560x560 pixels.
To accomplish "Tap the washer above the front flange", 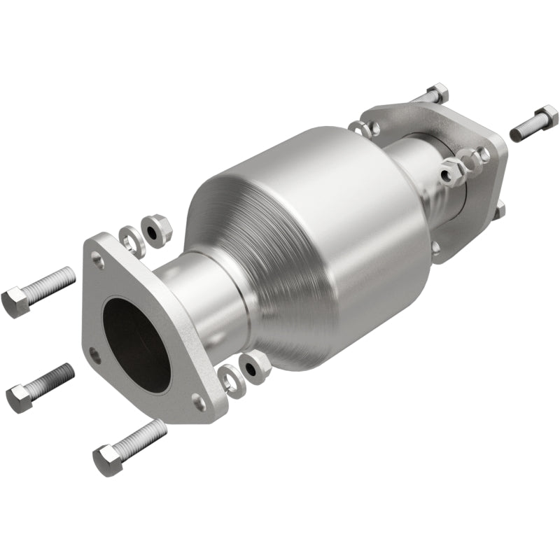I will click(x=130, y=240).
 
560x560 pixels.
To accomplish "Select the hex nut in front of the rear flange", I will click(x=451, y=169).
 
